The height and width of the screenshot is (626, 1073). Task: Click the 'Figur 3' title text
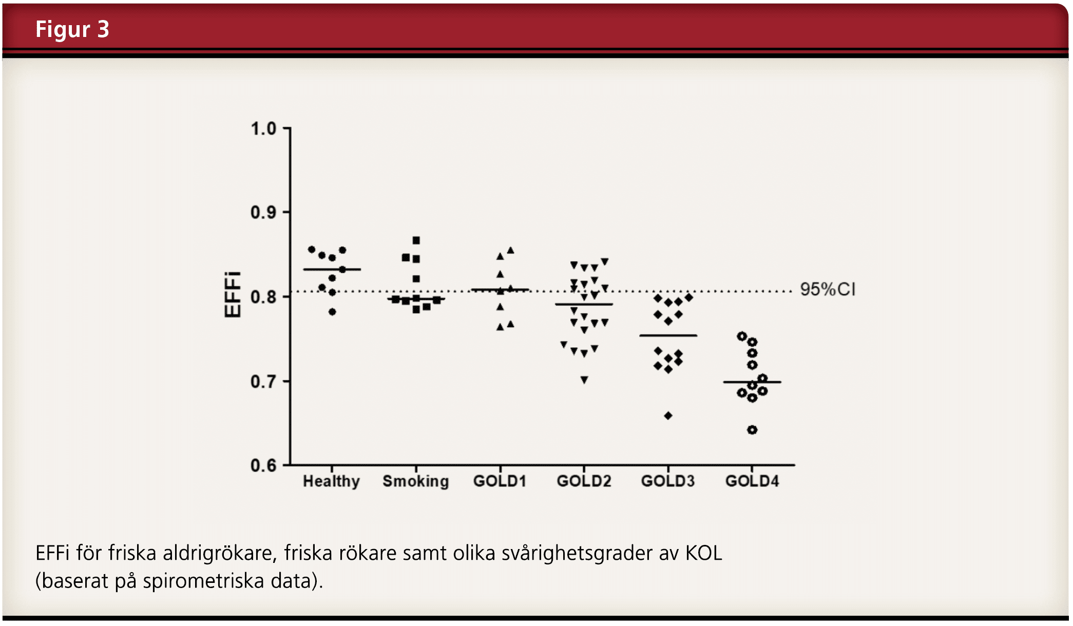pyautogui.click(x=72, y=29)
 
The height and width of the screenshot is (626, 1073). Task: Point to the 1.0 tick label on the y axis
pyautogui.click(x=263, y=129)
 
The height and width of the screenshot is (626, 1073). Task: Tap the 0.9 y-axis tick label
pyautogui.click(x=263, y=212)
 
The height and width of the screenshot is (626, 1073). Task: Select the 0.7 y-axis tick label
pyautogui.click(x=263, y=382)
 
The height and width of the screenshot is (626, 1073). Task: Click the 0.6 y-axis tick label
pyautogui.click(x=263, y=465)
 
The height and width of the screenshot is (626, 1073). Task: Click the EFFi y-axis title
pyautogui.click(x=233, y=295)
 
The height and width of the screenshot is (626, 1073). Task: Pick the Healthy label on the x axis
pyautogui.click(x=331, y=481)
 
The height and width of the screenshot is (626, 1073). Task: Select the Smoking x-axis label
pyautogui.click(x=415, y=481)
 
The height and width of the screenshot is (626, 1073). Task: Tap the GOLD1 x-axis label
pyautogui.click(x=500, y=481)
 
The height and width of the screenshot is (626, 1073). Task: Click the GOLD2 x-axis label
pyautogui.click(x=584, y=481)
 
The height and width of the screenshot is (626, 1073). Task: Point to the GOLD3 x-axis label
pyautogui.click(x=667, y=481)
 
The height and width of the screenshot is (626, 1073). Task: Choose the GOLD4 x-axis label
pyautogui.click(x=752, y=481)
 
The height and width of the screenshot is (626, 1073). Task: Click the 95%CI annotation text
pyautogui.click(x=828, y=289)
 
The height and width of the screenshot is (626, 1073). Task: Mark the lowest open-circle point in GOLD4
pyautogui.click(x=752, y=430)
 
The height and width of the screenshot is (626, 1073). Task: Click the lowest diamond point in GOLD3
pyautogui.click(x=668, y=416)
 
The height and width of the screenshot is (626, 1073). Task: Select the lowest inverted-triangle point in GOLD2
pyautogui.click(x=584, y=380)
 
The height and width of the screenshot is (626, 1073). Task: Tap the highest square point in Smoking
pyautogui.click(x=416, y=240)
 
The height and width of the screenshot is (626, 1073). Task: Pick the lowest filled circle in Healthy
pyautogui.click(x=332, y=312)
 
